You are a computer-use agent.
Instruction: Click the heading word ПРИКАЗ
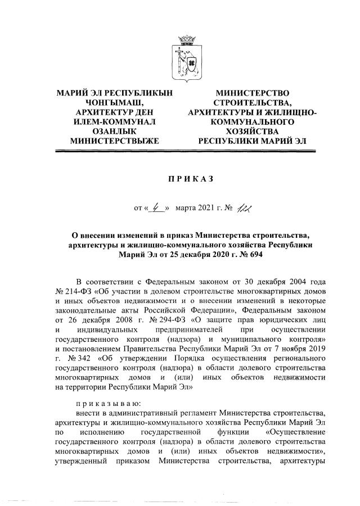pyautogui.click(x=179, y=179)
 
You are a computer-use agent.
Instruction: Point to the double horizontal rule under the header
pyautogui.click(x=180, y=151)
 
